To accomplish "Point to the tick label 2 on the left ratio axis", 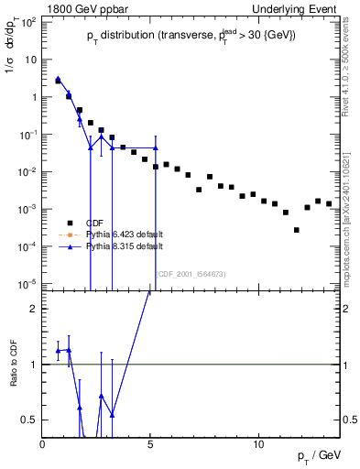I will [34, 309].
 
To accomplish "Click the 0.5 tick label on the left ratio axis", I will [30, 420].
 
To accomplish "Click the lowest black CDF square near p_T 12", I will [296, 230].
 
